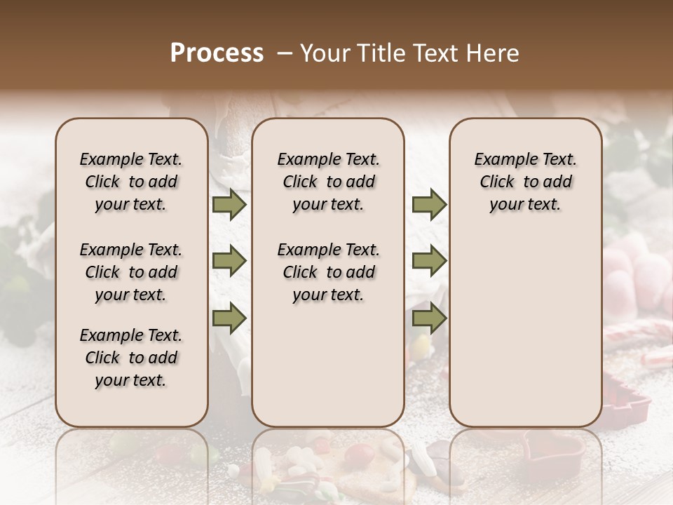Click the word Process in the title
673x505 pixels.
click(x=217, y=53)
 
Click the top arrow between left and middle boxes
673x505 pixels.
click(x=229, y=204)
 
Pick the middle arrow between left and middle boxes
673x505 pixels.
click(x=229, y=262)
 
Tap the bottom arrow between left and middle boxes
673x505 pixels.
click(x=229, y=318)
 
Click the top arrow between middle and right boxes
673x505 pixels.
click(x=429, y=204)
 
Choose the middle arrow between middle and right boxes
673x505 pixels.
click(x=429, y=262)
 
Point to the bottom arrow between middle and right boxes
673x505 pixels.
click(x=429, y=318)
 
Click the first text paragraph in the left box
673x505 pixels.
click(x=131, y=182)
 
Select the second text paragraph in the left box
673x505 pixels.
click(x=131, y=272)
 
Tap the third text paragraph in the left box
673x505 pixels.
click(x=131, y=358)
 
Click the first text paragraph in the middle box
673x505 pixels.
click(x=328, y=182)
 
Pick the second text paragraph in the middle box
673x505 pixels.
click(x=328, y=272)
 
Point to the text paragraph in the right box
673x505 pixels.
click(x=525, y=182)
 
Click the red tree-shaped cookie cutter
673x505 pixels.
click(x=626, y=400)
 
